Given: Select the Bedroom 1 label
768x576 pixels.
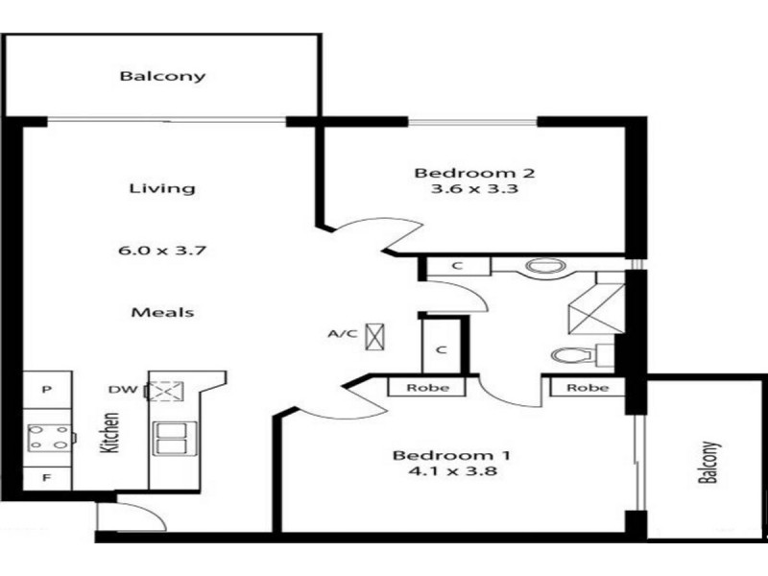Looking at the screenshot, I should point(444,455).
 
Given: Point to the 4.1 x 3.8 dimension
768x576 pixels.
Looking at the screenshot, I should point(444,471).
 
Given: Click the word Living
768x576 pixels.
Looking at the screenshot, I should point(162,188).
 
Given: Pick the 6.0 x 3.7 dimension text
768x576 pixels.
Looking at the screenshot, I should point(162,251).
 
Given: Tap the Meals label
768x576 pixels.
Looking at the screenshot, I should point(162,312).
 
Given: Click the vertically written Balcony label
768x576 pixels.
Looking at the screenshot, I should point(708,464).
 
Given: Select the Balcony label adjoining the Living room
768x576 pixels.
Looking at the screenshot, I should point(162,76).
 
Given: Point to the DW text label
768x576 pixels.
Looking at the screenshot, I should point(120,390).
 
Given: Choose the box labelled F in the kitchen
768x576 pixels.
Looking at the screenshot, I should point(44,476).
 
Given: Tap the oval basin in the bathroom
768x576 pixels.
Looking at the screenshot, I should point(543,268).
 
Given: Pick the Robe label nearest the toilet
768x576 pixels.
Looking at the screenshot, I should point(588,389).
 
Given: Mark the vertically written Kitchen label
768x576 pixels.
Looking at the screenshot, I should point(111,433).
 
